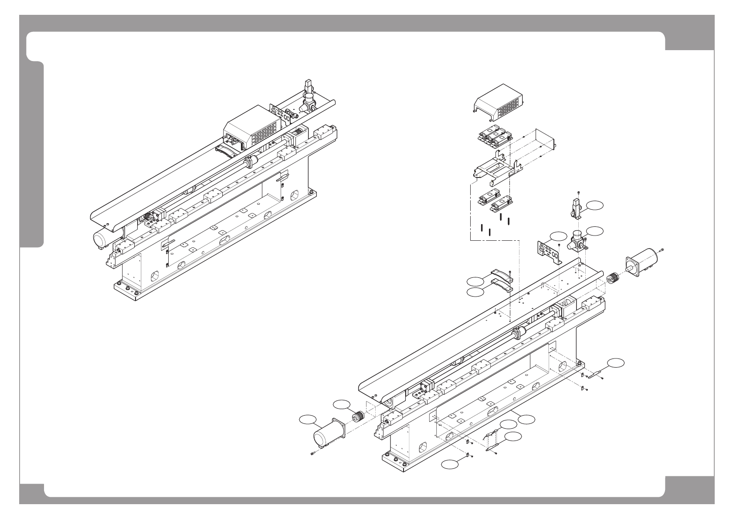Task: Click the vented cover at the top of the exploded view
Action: tap(498, 102)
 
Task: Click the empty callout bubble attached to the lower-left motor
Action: tap(308, 420)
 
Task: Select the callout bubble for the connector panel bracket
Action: tap(558, 236)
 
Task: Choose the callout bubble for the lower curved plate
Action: tap(475, 293)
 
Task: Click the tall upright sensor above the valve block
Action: tap(576, 208)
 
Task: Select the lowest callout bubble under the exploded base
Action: tap(449, 464)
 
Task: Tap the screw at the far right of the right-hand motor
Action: tap(661, 249)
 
